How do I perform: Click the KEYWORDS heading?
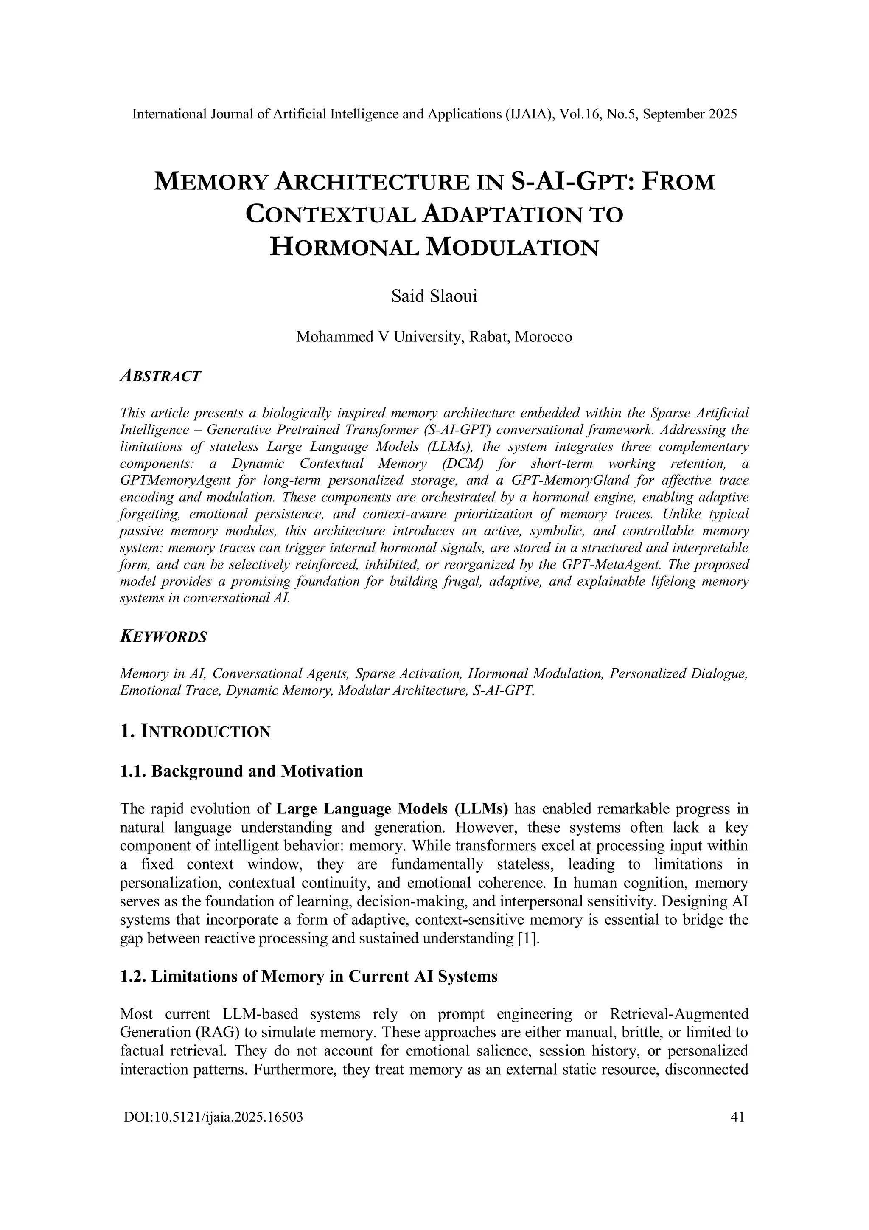(x=163, y=637)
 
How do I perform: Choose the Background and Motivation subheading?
(x=257, y=771)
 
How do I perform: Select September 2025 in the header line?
(x=690, y=114)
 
